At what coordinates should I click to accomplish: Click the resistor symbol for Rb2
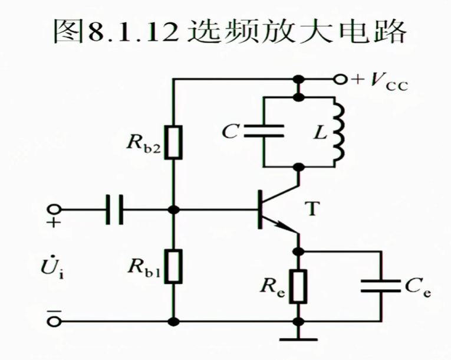(173, 142)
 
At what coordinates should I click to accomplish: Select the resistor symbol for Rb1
(173, 266)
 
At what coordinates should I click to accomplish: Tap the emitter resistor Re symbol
(299, 286)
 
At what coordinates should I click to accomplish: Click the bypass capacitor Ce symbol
(381, 286)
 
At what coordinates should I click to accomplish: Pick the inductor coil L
(338, 133)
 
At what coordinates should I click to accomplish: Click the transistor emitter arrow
(288, 227)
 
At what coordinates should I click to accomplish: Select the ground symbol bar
(299, 339)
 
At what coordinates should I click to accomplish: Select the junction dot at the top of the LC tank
(299, 95)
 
